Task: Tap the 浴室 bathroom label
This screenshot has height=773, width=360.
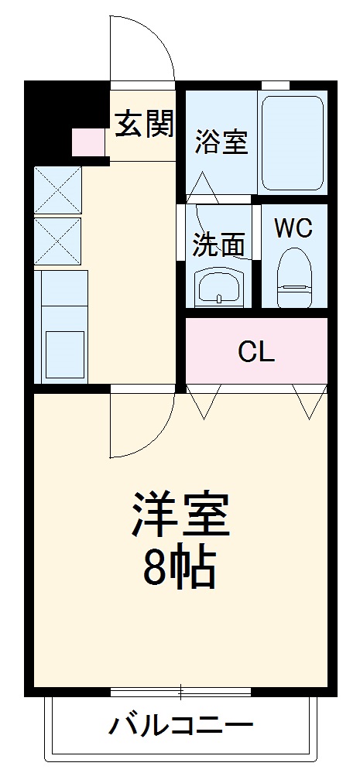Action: (221, 141)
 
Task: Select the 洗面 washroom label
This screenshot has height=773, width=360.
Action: (218, 245)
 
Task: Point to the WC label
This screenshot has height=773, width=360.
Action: (293, 228)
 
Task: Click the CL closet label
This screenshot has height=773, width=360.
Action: (255, 353)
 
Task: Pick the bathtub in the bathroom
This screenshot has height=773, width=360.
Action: (292, 142)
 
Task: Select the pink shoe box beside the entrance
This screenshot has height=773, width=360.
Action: (87, 142)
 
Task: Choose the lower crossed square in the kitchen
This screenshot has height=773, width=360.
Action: (57, 241)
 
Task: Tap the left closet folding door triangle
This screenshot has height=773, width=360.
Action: (202, 401)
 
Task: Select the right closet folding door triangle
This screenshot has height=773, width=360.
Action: (310, 401)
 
